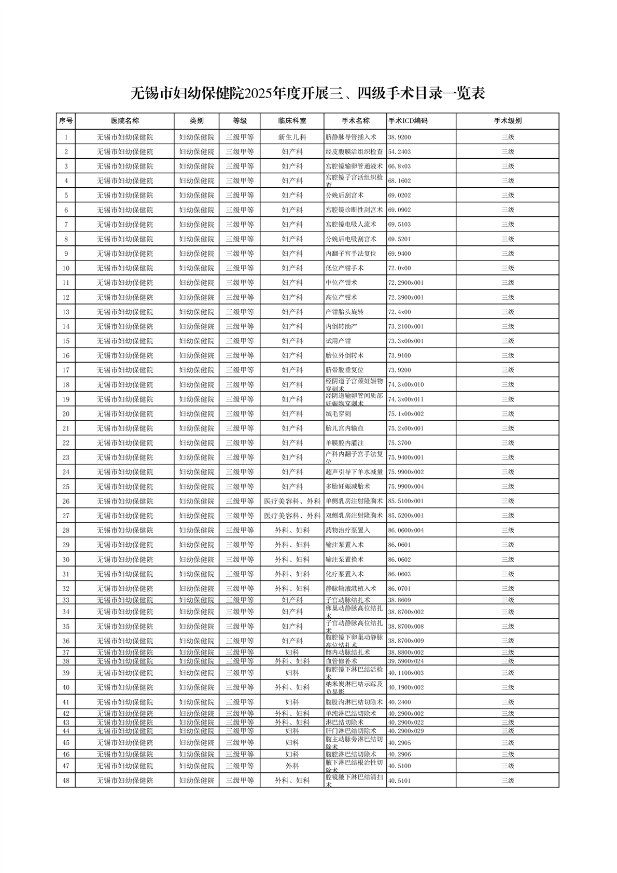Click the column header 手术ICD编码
tap(408, 121)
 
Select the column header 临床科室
tap(292, 121)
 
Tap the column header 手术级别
tap(507, 121)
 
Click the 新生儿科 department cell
tap(292, 137)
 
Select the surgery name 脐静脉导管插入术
tap(350, 137)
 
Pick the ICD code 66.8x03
tap(399, 167)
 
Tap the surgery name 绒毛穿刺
tap(338, 414)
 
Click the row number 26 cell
tap(66, 501)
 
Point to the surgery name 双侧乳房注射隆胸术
tap(354, 516)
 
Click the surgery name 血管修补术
tap(341, 661)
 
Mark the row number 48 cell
tap(66, 780)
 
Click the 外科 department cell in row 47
tap(292, 766)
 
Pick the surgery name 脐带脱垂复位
tap(344, 370)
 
